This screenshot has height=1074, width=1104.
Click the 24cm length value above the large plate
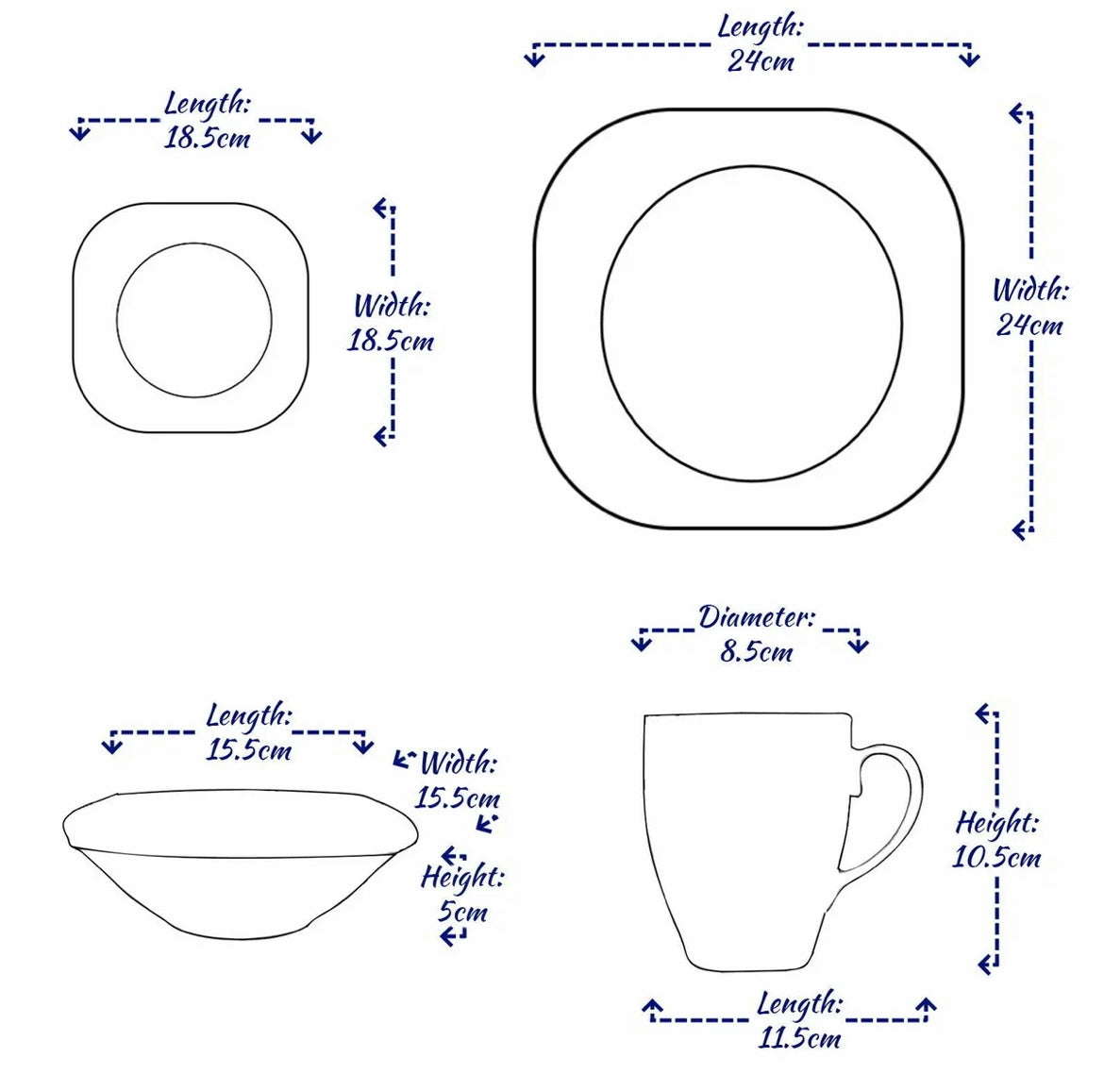pyautogui.click(x=761, y=62)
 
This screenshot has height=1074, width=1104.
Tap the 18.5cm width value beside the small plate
pyautogui.click(x=391, y=341)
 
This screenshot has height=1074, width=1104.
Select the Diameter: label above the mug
pyautogui.click(x=756, y=617)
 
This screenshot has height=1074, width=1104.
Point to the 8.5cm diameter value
pyautogui.click(x=756, y=652)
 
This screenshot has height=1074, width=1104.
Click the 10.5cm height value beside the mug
pyautogui.click(x=996, y=858)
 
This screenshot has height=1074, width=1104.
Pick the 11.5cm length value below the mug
pyautogui.click(x=800, y=1039)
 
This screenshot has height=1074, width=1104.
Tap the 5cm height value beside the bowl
pyautogui.click(x=462, y=913)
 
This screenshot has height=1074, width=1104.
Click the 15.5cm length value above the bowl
pyautogui.click(x=249, y=751)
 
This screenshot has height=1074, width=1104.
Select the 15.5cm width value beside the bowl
pyautogui.click(x=458, y=797)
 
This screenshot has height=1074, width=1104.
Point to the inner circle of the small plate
pyautogui.click(x=194, y=319)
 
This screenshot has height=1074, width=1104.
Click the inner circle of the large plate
pyautogui.click(x=752, y=323)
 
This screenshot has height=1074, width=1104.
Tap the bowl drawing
pyautogui.click(x=240, y=864)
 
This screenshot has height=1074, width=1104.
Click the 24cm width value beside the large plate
pyautogui.click(x=1029, y=326)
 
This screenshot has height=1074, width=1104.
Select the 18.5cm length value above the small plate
pyautogui.click(x=208, y=140)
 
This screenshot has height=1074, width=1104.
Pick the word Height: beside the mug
pyautogui.click(x=997, y=823)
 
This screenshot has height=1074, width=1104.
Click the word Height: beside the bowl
pyautogui.click(x=462, y=878)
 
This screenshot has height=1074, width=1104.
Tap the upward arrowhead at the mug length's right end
pyautogui.click(x=928, y=1006)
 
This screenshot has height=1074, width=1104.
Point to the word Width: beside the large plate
pyautogui.click(x=1029, y=290)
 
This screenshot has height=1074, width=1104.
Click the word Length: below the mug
pyautogui.click(x=800, y=1004)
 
